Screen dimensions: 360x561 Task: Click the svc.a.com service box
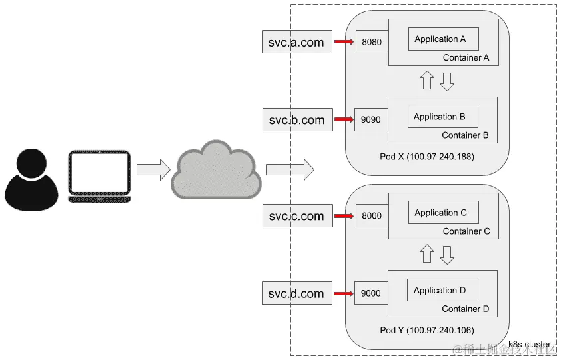click(x=296, y=42)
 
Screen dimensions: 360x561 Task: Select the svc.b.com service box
click(x=296, y=120)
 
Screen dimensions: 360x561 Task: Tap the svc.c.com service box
click(x=296, y=216)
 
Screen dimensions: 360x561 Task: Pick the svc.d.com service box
click(x=296, y=293)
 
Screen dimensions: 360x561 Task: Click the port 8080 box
click(x=372, y=42)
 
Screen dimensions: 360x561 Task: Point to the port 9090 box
click(x=370, y=120)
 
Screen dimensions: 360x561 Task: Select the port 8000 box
click(x=372, y=216)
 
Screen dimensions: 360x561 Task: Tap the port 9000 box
click(x=370, y=293)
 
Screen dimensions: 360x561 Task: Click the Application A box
click(x=440, y=39)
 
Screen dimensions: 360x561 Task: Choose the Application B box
click(x=439, y=117)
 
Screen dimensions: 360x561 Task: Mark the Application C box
click(x=440, y=213)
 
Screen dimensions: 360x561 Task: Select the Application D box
click(x=439, y=290)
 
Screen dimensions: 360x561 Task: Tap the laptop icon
click(x=101, y=176)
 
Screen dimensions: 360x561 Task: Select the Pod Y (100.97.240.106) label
click(x=426, y=331)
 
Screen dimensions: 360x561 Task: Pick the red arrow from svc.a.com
click(x=343, y=42)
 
